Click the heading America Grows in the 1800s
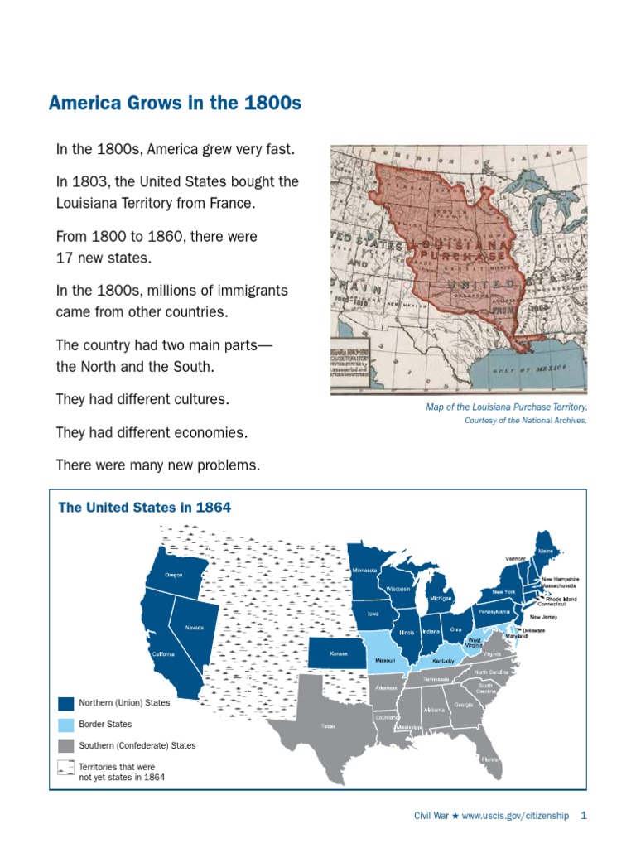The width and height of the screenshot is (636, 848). point(175,104)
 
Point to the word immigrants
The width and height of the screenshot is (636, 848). point(248,291)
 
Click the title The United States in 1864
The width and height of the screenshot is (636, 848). point(144,507)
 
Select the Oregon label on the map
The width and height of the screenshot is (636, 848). point(173,575)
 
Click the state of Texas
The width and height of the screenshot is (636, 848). point(328,726)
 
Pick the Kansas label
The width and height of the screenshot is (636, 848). point(339,653)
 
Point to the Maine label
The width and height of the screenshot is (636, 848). point(546,550)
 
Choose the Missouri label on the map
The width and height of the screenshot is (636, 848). point(385,661)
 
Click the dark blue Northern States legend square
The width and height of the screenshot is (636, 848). point(65,703)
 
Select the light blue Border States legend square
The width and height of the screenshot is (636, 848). point(65,724)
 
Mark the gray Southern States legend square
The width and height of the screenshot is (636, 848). point(65,745)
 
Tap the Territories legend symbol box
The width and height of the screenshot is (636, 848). point(65,767)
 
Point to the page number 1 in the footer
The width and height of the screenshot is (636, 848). point(584,815)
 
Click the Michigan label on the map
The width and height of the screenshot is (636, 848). point(440,597)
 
